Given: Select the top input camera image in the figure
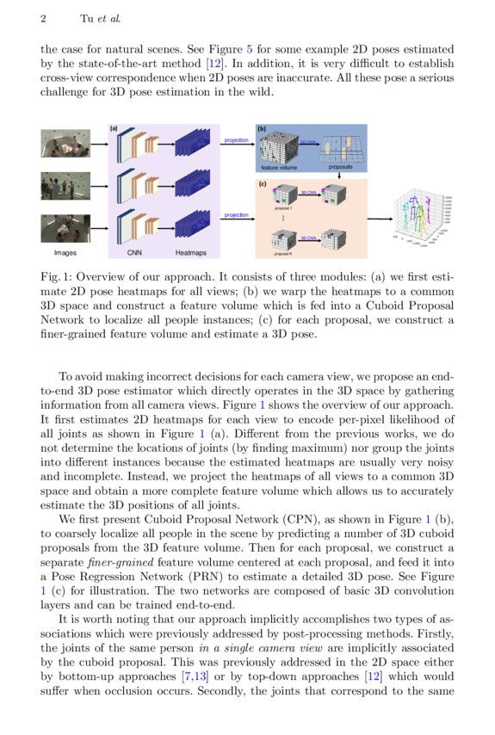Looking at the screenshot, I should [65, 144].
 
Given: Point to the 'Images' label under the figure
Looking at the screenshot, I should [65, 253].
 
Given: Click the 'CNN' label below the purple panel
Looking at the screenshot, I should [134, 253].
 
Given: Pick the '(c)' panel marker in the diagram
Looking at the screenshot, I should [263, 183].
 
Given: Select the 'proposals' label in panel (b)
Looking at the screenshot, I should [340, 168].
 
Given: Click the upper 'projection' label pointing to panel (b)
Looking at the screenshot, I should [236, 139].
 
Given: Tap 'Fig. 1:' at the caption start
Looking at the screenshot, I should [58, 278].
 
